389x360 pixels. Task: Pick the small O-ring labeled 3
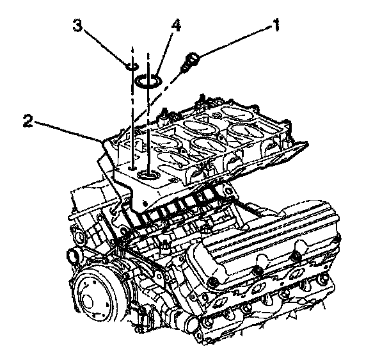(x=131, y=66)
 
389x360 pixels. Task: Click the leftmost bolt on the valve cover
(x=215, y=281)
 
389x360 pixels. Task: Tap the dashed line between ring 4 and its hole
(x=149, y=128)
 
